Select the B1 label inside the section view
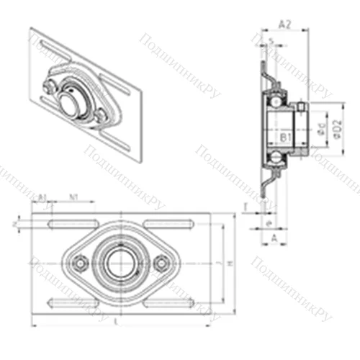[284, 135]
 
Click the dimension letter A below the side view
[274, 236]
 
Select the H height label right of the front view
[230, 264]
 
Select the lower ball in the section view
[276, 156]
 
